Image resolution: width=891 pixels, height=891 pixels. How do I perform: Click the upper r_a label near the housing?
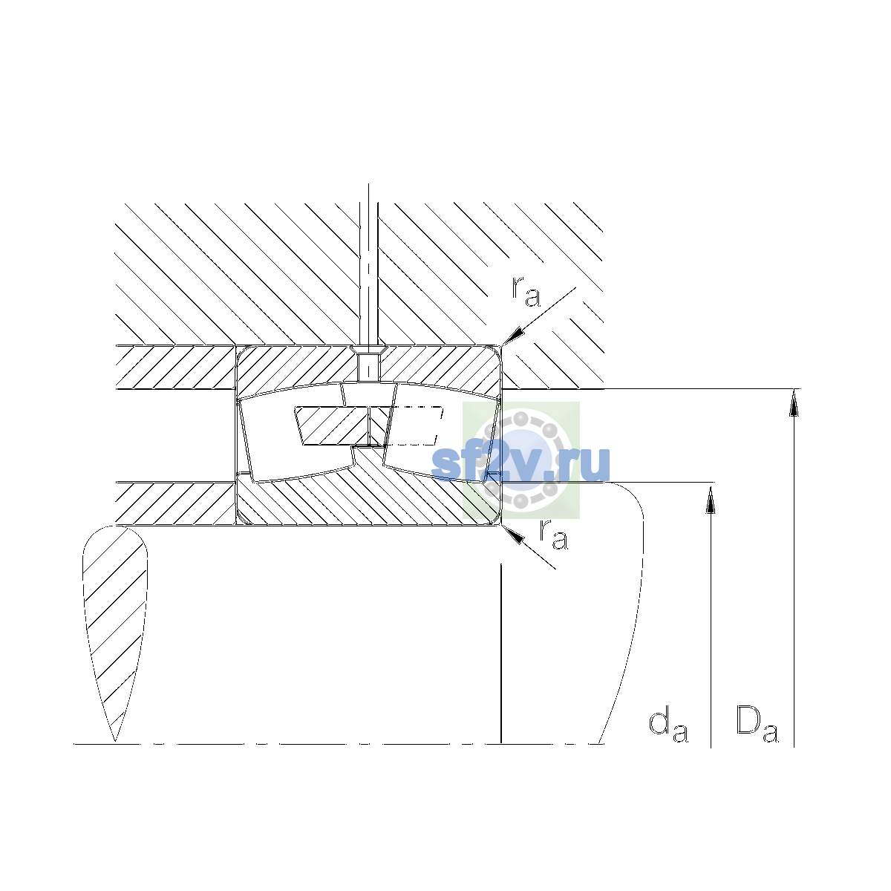pos(526,292)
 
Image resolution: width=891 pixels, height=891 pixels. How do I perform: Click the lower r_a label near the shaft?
pos(553,535)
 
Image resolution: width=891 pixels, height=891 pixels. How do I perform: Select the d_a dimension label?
pos(668,726)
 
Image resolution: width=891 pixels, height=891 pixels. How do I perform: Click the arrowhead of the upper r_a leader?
pos(514,336)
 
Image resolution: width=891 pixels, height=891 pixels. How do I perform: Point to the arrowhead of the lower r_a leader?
pos(513,534)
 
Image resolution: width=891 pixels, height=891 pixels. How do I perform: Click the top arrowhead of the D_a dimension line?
pos(794,402)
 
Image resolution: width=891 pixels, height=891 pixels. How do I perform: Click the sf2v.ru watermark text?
pos(520,463)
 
